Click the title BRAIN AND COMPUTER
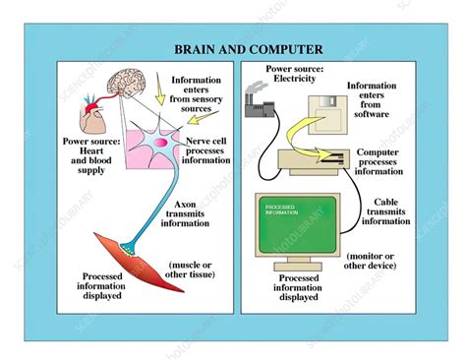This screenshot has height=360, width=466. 235,49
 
